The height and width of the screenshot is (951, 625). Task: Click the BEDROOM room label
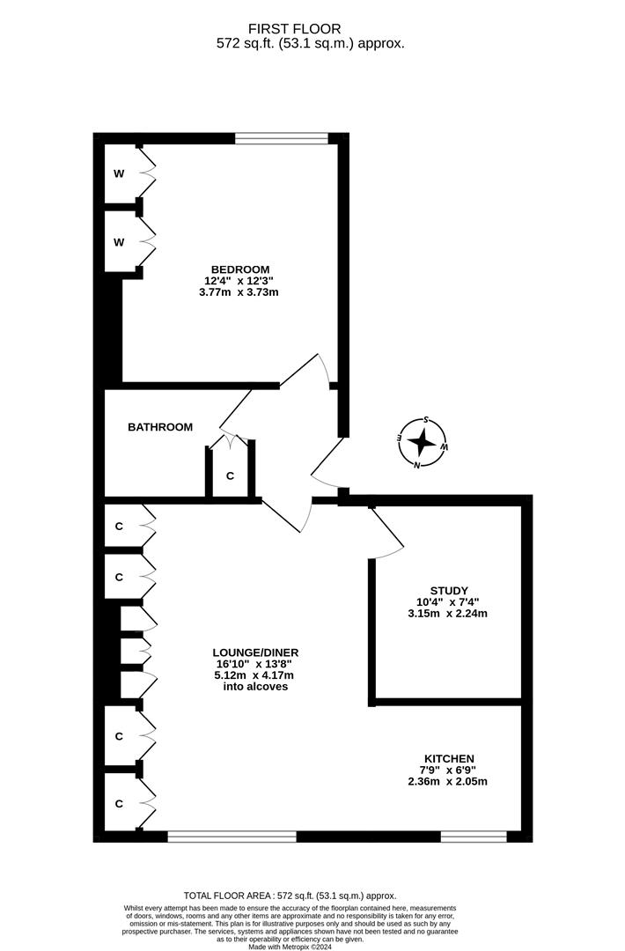click(239, 269)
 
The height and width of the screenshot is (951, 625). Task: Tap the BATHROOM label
click(160, 427)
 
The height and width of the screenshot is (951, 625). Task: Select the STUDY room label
click(449, 591)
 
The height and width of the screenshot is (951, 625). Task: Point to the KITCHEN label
click(449, 758)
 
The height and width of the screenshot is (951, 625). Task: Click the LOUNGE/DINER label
click(255, 652)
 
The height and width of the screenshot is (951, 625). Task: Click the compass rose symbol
click(423, 442)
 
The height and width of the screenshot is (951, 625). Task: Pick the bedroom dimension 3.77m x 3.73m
click(239, 292)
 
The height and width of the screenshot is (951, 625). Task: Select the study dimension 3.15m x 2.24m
click(449, 614)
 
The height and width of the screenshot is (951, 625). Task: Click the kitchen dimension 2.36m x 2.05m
click(449, 781)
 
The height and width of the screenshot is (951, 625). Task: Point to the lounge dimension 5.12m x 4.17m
click(255, 675)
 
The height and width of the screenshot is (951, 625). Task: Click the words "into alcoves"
click(255, 687)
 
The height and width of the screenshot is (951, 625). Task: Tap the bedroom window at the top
click(282, 137)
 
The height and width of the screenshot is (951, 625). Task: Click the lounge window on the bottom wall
click(232, 837)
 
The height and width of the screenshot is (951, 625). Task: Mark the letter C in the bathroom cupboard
click(231, 476)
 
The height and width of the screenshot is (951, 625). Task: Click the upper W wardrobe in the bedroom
click(119, 173)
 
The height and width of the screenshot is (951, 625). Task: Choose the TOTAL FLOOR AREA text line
click(290, 894)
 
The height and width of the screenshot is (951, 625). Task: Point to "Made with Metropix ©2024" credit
click(290, 947)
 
